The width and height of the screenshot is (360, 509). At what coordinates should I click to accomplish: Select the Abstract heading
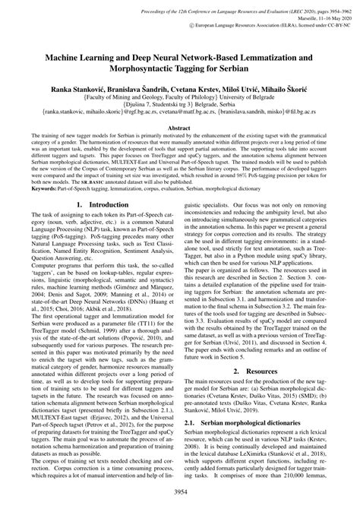[x=180, y=129]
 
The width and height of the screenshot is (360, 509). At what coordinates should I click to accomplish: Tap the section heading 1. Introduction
[x=90, y=205]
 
